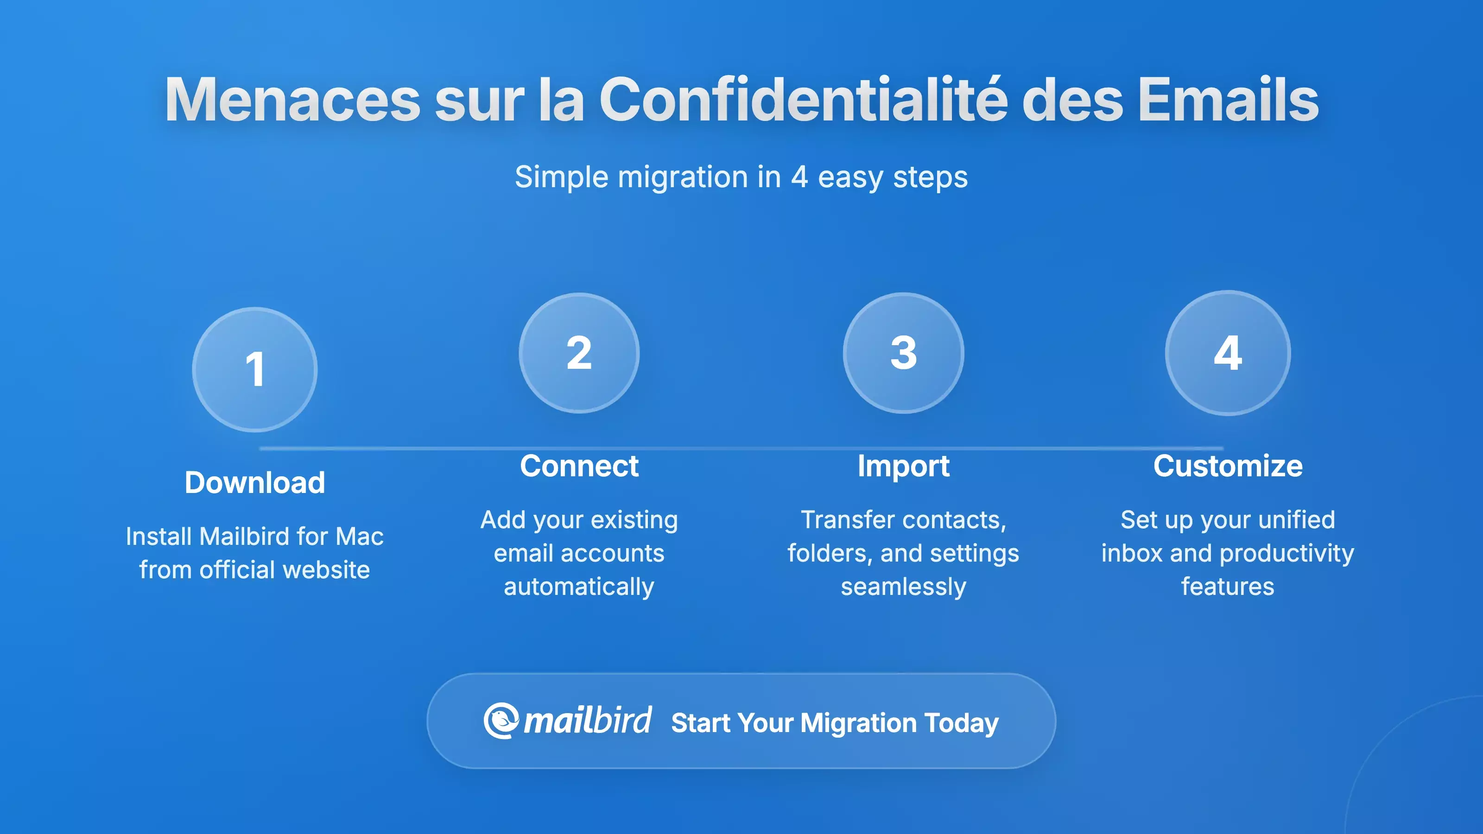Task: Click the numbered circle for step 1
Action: coord(254,370)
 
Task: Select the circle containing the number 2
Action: coord(579,353)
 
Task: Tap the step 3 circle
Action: coord(903,353)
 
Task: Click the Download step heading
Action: coord(254,482)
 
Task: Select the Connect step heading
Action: coord(579,466)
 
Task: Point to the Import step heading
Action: coord(903,466)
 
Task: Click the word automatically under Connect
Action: coord(579,587)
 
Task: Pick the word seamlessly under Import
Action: coord(903,587)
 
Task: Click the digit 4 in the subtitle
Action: coord(799,177)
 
